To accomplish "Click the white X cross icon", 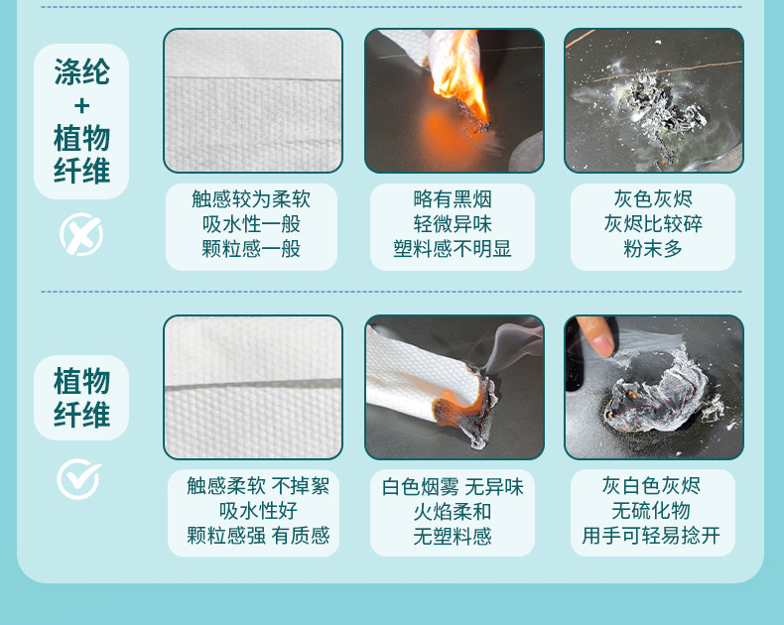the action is (x=81, y=234).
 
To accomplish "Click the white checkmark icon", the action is (x=78, y=479).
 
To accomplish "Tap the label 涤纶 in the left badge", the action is (x=81, y=72).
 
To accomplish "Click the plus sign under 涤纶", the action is (x=81, y=106).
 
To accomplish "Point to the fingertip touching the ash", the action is (x=601, y=345).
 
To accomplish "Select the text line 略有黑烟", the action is (x=453, y=199).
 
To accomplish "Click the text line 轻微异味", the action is (x=453, y=223).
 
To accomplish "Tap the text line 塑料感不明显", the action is (x=453, y=248).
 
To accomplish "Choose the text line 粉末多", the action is (x=652, y=248).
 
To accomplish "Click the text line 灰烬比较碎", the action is (x=652, y=223).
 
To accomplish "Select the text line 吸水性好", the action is (x=258, y=511).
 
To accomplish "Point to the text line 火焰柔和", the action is (x=453, y=512).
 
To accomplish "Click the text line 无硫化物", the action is (x=651, y=511).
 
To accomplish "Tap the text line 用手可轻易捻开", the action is (x=651, y=536).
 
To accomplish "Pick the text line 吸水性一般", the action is (x=251, y=223).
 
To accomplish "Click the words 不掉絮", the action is (x=301, y=485).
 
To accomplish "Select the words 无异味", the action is (x=494, y=487).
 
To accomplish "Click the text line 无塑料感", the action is (x=453, y=537).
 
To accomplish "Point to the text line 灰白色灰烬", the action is (x=651, y=485).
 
